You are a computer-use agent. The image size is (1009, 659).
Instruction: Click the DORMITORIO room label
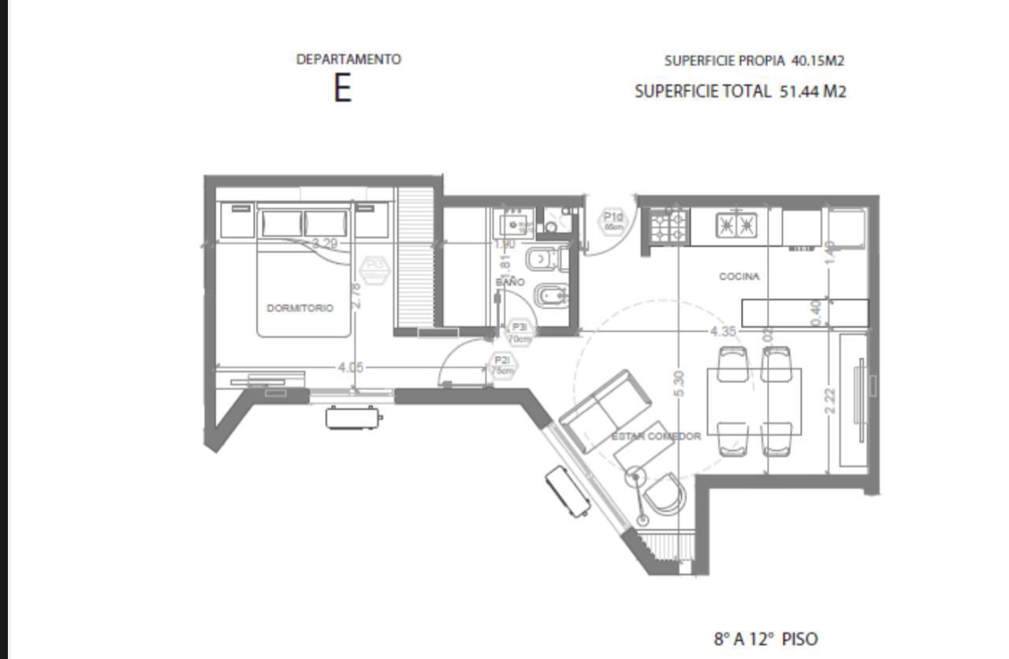[300, 308]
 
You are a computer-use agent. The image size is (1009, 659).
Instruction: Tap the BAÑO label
[510, 281]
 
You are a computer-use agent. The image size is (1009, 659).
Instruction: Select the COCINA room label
[739, 277]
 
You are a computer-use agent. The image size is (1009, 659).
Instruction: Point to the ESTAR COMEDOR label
[657, 436]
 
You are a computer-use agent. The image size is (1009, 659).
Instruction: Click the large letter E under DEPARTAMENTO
[341, 88]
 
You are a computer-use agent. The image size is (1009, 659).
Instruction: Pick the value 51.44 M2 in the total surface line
[813, 91]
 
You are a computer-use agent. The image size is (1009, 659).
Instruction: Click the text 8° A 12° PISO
[765, 639]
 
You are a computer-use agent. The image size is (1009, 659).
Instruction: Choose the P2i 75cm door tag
[502, 366]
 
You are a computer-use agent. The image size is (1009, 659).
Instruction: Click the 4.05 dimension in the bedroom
[350, 367]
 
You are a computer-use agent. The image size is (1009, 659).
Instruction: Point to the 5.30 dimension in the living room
[679, 384]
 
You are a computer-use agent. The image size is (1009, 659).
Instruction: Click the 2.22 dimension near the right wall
[829, 400]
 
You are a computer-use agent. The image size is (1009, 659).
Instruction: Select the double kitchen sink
[736, 225]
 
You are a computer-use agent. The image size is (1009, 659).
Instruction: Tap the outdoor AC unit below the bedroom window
[353, 416]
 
